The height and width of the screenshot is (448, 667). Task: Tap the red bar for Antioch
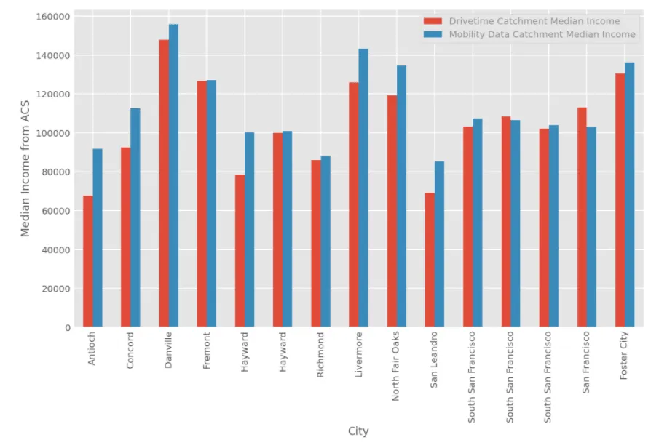point(88,261)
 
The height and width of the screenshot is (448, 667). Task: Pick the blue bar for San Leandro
point(439,244)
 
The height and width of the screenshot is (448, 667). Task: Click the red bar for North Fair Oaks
point(392,211)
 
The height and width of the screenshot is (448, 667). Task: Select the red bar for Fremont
point(202,204)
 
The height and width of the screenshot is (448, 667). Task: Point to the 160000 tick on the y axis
point(50,16)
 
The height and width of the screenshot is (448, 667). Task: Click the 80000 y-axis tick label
point(53,172)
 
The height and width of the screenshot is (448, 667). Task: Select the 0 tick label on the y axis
point(66,328)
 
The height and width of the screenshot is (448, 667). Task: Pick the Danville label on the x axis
point(168,351)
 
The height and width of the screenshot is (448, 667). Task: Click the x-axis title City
point(358,431)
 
